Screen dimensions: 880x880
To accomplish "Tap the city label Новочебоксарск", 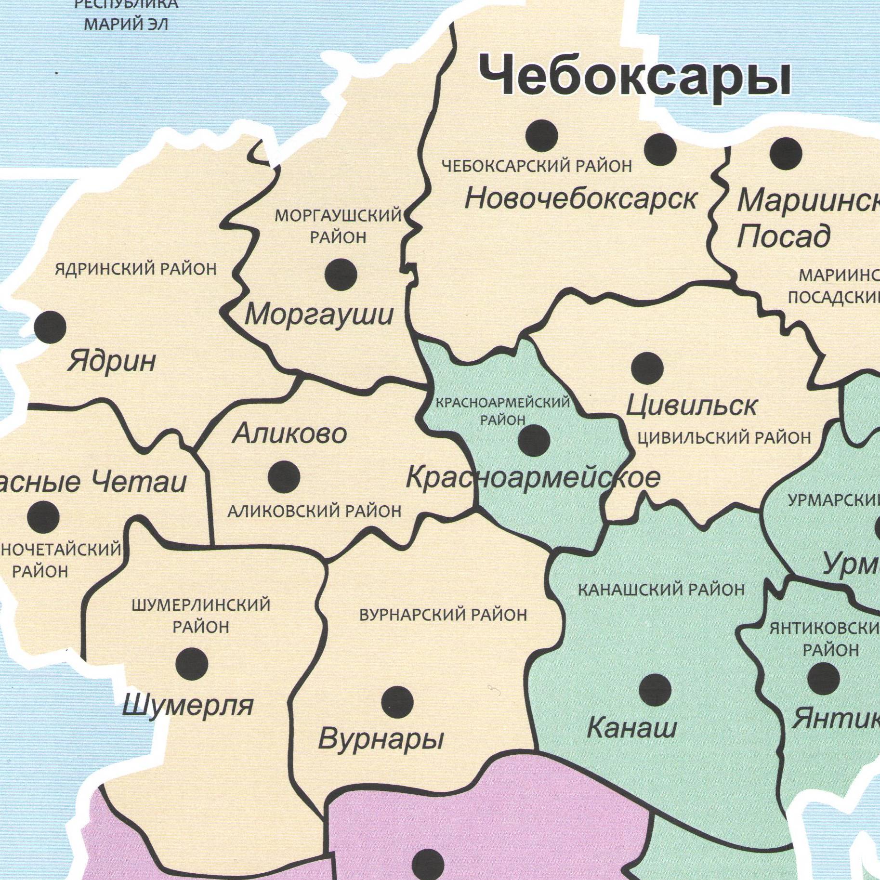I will (x=581, y=199).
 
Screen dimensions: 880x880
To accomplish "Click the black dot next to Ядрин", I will (x=50, y=327).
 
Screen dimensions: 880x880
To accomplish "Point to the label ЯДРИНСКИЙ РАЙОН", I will (x=136, y=269).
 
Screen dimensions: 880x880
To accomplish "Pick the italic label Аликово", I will (x=289, y=434).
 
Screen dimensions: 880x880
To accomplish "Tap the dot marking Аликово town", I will (x=284, y=477).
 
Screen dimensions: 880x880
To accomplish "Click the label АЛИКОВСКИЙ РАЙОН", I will (x=314, y=511).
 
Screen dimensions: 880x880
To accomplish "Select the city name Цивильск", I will (x=691, y=406).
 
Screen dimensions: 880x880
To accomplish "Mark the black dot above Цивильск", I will (x=647, y=368).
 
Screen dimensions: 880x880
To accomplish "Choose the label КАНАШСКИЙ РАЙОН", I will (x=661, y=590).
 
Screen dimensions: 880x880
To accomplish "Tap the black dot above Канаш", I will (x=655, y=690).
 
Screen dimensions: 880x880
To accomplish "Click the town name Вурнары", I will (x=381, y=739).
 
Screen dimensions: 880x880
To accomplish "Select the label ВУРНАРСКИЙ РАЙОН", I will (x=443, y=615).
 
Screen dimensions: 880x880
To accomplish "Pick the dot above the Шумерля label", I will (x=192, y=664).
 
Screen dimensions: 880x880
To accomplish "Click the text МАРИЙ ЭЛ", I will (x=126, y=24).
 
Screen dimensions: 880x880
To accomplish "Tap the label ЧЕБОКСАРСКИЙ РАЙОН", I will (x=537, y=166).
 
